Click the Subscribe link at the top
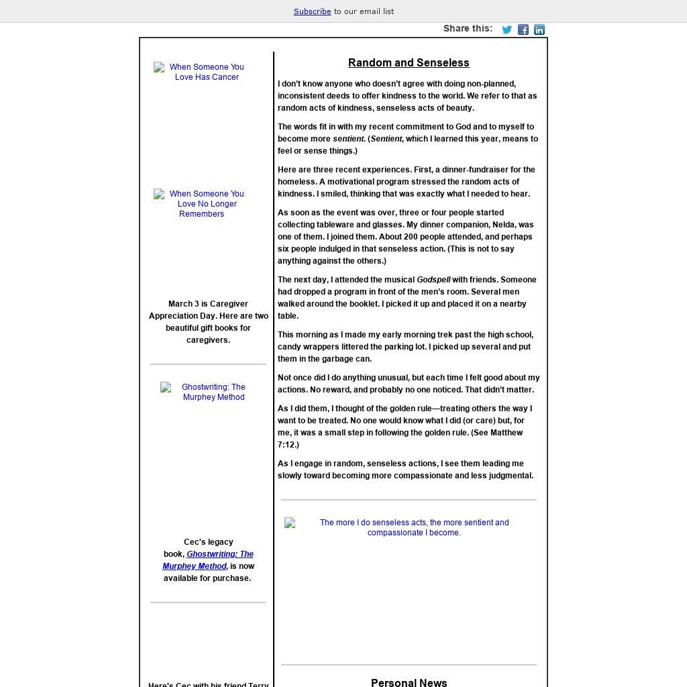click(312, 11)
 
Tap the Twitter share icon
click(507, 30)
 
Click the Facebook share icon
click(523, 30)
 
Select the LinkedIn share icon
click(539, 30)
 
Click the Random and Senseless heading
click(409, 63)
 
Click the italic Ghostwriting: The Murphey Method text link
click(208, 560)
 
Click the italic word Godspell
click(433, 280)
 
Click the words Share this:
click(468, 28)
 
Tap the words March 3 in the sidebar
click(183, 304)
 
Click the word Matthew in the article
click(507, 433)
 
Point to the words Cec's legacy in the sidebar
click(208, 542)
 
